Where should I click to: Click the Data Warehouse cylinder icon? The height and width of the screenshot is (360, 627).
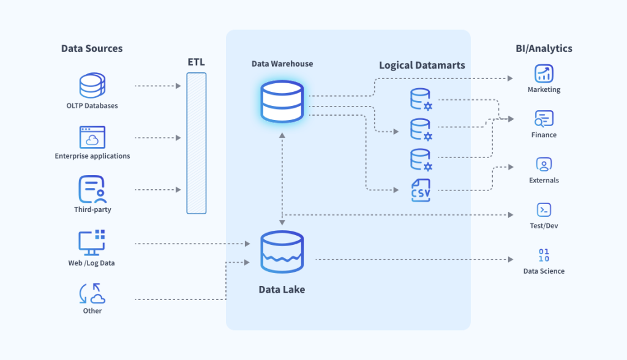click(x=282, y=101)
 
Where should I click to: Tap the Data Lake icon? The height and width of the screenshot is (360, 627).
click(x=282, y=252)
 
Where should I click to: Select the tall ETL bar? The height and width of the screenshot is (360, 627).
click(x=196, y=143)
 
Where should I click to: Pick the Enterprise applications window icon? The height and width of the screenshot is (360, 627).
click(x=92, y=138)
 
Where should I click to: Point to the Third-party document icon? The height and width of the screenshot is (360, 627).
click(x=92, y=190)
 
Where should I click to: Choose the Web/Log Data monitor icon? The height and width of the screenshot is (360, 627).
click(x=92, y=243)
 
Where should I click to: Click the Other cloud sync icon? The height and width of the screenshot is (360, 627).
click(x=92, y=294)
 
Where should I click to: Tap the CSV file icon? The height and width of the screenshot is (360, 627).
click(x=421, y=190)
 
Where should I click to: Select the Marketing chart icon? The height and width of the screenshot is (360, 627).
click(x=544, y=74)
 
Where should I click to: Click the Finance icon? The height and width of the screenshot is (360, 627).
click(x=544, y=119)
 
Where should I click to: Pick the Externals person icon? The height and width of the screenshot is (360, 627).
click(x=544, y=164)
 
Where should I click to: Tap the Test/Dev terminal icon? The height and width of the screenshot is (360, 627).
click(x=544, y=210)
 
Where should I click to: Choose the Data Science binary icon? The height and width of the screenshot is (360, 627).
click(x=544, y=255)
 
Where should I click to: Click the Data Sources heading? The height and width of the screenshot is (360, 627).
click(x=92, y=48)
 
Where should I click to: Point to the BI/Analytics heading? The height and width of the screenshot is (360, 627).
click(x=544, y=48)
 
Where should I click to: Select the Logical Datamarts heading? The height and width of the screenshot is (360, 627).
click(x=422, y=66)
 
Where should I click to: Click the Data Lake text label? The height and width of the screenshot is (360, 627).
click(x=282, y=290)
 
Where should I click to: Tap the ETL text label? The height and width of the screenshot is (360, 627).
click(x=196, y=62)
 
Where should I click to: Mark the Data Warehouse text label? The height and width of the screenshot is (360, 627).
click(x=282, y=64)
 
